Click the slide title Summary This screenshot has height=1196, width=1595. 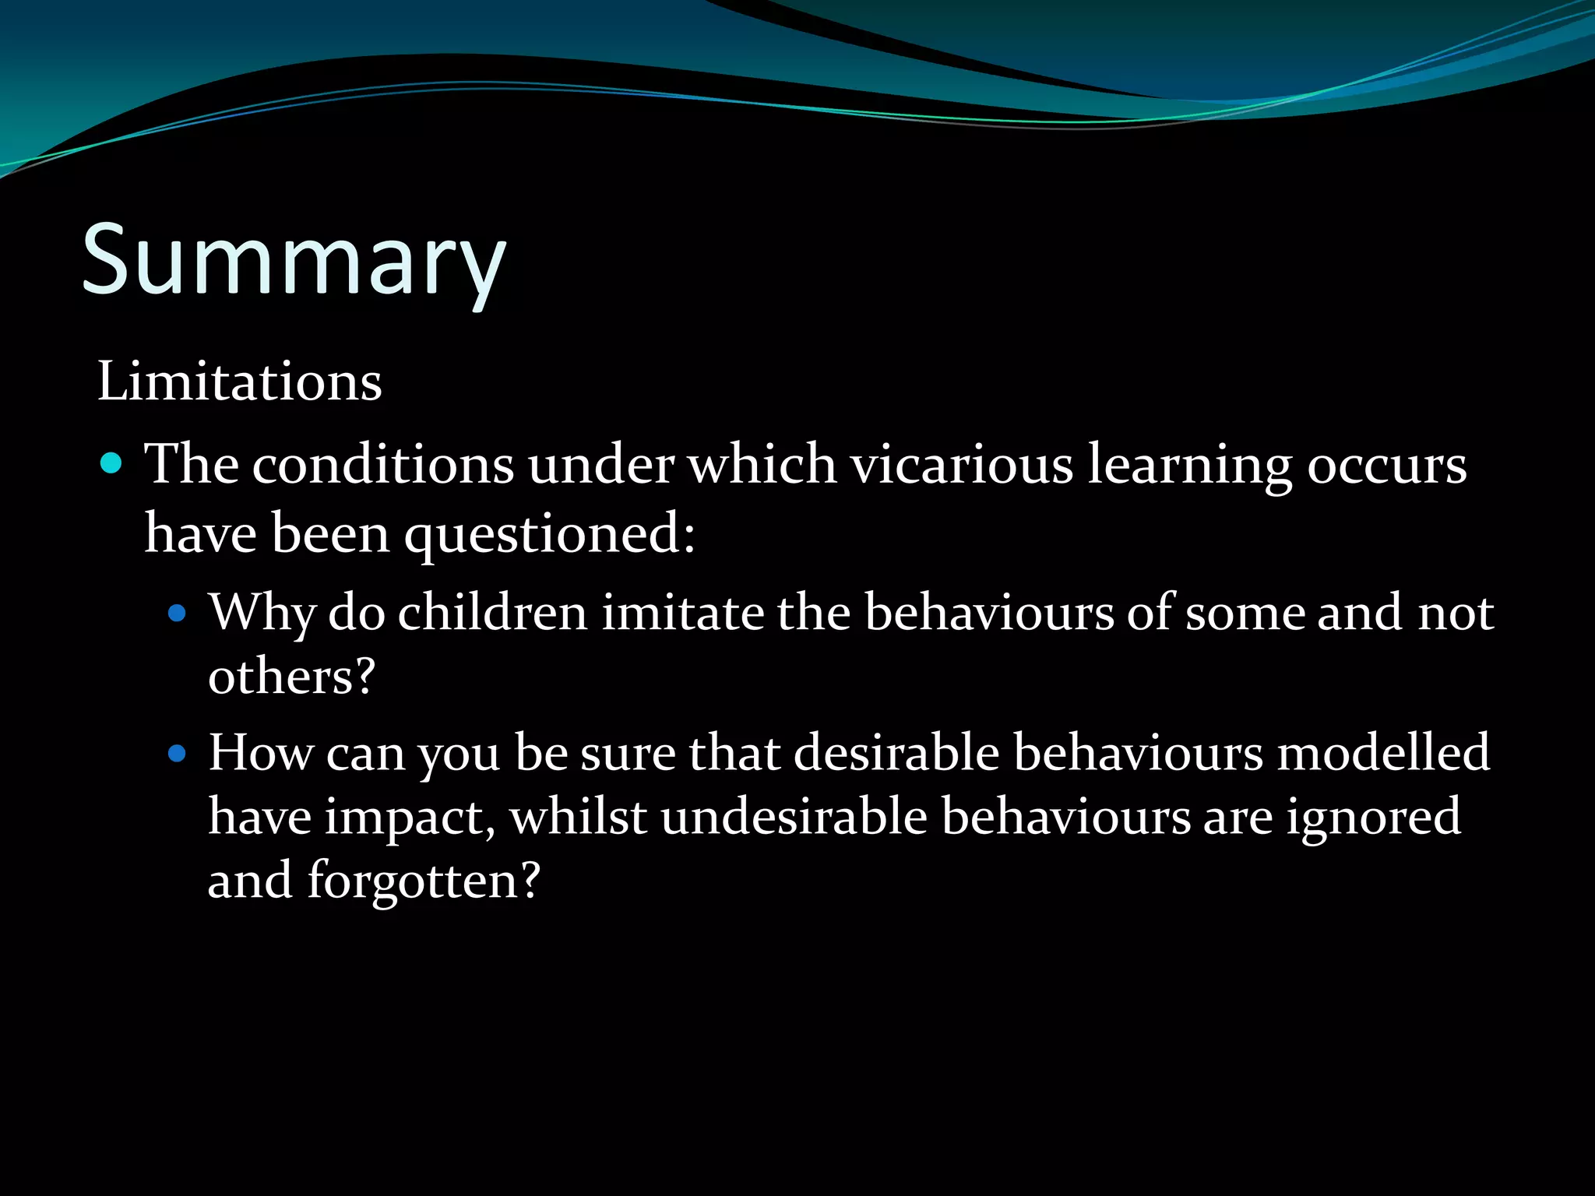(294, 261)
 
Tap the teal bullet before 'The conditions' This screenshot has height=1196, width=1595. (112, 464)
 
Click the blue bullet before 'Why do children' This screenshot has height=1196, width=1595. (178, 614)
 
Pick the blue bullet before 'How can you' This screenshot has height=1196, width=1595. (178, 754)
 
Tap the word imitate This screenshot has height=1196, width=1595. (683, 613)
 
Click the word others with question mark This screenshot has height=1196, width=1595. (291, 676)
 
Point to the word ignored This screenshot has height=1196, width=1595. (1372, 818)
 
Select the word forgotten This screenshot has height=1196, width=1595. (423, 881)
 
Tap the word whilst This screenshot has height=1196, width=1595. (578, 818)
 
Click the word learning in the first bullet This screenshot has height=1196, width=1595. (1189, 465)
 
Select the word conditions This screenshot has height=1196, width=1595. (382, 465)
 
